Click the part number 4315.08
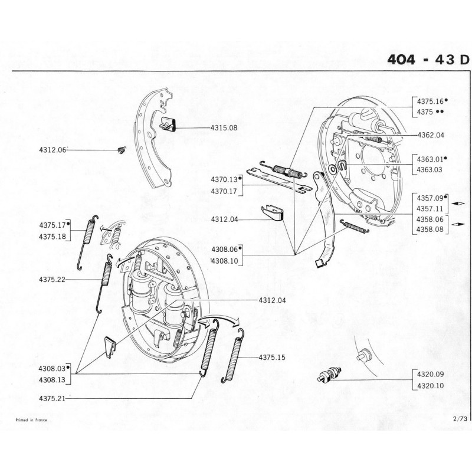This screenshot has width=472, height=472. coord(224,127)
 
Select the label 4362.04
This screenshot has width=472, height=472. coord(430,135)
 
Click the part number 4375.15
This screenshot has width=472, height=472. coord(272,358)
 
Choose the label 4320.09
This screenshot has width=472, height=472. coord(430,374)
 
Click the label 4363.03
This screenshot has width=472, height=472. coord(430,169)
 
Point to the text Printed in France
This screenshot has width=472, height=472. coord(31,419)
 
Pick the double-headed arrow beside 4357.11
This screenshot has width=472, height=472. coord(458,203)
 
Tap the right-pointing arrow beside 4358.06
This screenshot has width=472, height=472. coord(458,224)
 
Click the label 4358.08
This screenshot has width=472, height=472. coord(430,230)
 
